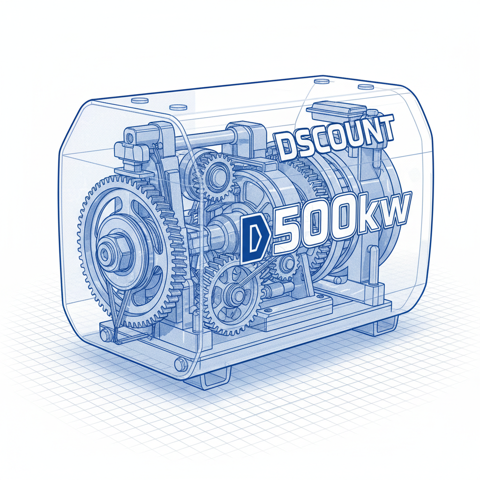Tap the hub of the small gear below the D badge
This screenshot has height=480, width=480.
[x=234, y=295]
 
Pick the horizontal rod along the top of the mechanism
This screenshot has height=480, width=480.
[x=206, y=138]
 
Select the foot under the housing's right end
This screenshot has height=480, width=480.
[x=375, y=326]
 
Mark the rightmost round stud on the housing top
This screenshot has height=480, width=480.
[x=364, y=87]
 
